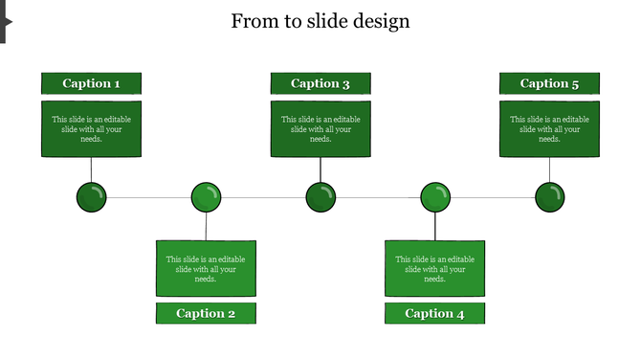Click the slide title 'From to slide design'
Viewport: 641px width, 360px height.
point(320,21)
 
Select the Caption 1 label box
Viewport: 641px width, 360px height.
point(91,83)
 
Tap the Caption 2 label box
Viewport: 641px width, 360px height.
point(206,313)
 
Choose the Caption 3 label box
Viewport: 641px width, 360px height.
point(320,83)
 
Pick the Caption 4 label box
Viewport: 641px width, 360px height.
point(434,313)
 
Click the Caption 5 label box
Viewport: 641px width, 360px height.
point(549,83)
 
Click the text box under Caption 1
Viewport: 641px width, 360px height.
point(91,128)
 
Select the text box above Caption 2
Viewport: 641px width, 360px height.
point(206,268)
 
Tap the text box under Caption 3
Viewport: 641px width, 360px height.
point(320,128)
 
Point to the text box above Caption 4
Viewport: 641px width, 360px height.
point(434,268)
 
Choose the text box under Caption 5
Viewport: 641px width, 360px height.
point(549,128)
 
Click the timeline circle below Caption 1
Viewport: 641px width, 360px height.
point(91,198)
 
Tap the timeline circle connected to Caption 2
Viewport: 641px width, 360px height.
point(206,198)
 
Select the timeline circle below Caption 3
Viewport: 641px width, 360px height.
point(320,198)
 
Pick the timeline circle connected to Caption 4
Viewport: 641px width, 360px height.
point(435,198)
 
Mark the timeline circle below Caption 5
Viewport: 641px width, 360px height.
point(549,198)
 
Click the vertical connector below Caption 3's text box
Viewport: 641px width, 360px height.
point(320,169)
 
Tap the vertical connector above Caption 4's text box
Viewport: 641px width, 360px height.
point(435,227)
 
